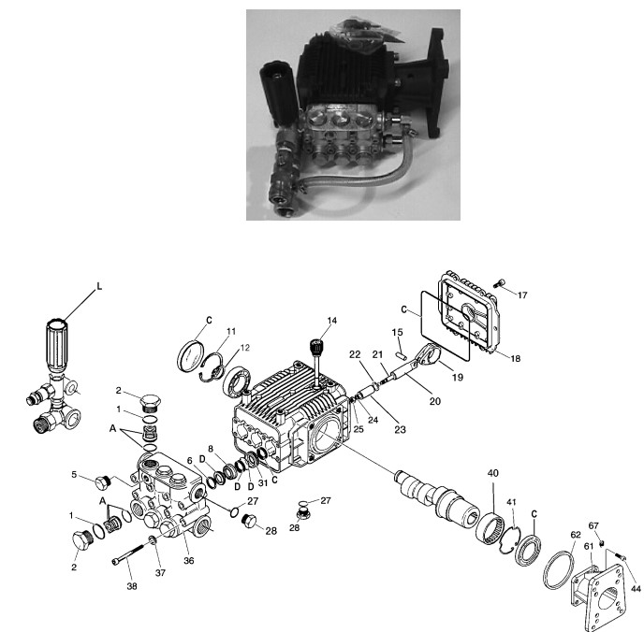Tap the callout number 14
[x=330, y=321]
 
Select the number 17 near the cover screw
[x=522, y=294]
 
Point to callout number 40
[x=492, y=473]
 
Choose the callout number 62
[x=575, y=535]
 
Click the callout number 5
[x=74, y=474]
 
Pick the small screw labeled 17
[x=501, y=283]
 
